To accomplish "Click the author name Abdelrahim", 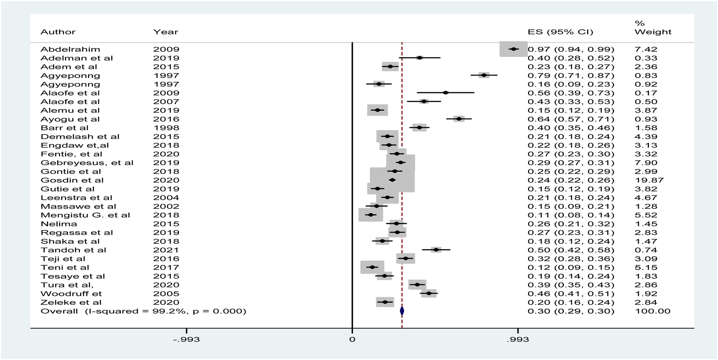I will point(70,49).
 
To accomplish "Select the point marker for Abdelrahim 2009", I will point(514,49).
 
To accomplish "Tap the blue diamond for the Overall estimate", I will point(402,311).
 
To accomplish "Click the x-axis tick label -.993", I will point(186,339).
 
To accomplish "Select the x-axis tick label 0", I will point(352,339).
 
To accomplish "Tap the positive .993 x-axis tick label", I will point(517,339).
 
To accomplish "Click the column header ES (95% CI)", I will point(560,32).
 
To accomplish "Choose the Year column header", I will point(165,32).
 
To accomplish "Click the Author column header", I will point(58,32).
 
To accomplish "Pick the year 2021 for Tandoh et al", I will point(166,250).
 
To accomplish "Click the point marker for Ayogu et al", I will point(459,119).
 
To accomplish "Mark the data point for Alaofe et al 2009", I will point(446,93).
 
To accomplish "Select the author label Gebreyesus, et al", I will point(87,163).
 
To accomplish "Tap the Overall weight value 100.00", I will point(652,311).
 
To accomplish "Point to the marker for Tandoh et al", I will point(436,250).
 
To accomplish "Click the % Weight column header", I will point(652,28).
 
